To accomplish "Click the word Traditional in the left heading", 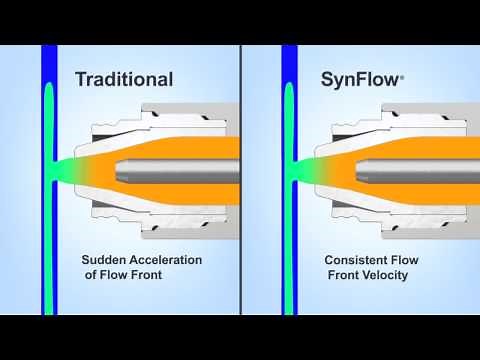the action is [x=124, y=79].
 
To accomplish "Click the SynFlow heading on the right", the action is [x=360, y=79].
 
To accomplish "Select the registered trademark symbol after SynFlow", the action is [x=402, y=73].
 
